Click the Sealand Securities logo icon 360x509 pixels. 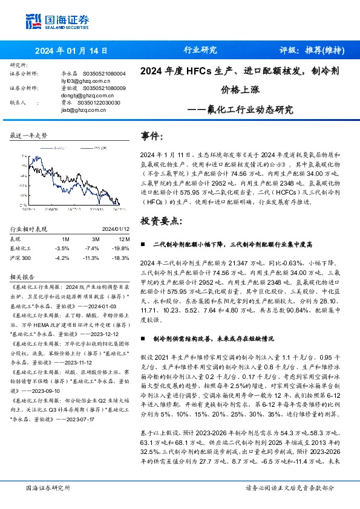point(32,21)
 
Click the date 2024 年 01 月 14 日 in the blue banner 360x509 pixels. point(71,51)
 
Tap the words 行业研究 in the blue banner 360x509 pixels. point(200,51)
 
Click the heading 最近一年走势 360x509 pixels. point(28,135)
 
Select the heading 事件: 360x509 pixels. point(151,137)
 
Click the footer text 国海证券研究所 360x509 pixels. point(48,487)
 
